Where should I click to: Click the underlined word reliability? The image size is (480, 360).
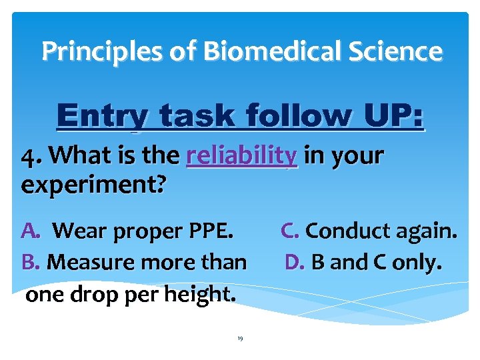pos(242,156)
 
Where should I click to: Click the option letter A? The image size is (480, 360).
pos(31,231)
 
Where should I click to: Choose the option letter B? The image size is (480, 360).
pos(31,262)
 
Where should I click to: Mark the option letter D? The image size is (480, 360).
pos(295,262)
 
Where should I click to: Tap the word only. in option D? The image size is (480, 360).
pos(418,262)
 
